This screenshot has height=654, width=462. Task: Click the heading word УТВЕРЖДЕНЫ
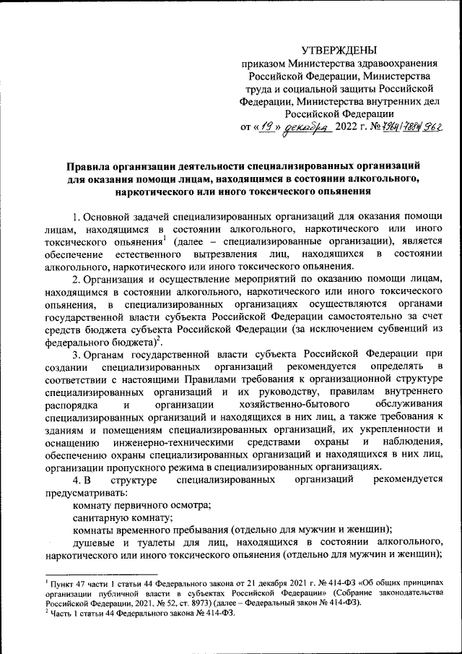click(x=339, y=50)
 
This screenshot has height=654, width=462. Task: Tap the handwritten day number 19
click(x=267, y=127)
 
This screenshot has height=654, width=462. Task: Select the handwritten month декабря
click(x=307, y=128)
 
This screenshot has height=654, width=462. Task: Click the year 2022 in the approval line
click(x=346, y=129)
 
